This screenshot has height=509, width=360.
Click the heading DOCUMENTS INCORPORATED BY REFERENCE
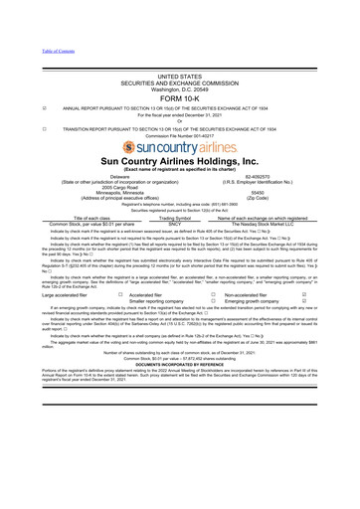[x=179, y=389]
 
